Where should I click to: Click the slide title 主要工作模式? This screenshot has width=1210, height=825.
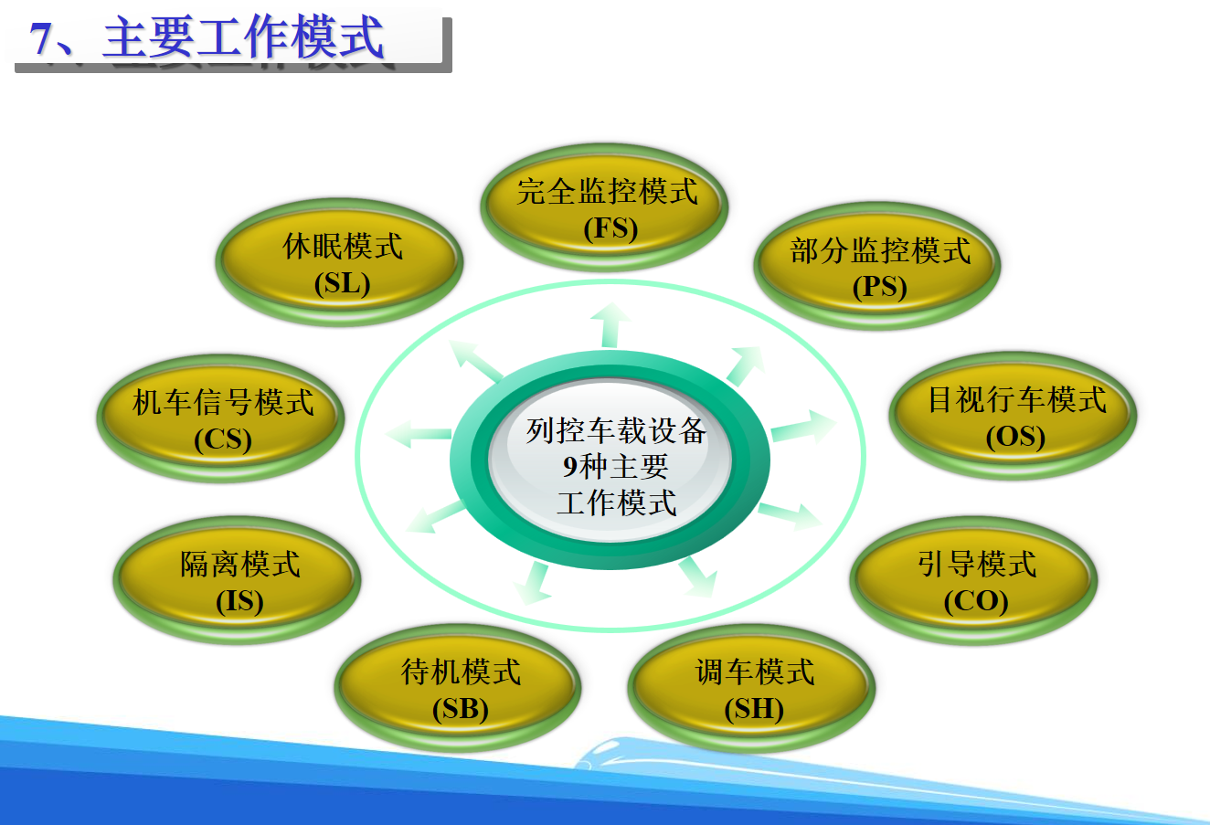(242, 39)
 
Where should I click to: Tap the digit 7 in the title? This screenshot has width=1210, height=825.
(41, 39)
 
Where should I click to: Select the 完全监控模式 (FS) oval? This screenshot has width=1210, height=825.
(604, 208)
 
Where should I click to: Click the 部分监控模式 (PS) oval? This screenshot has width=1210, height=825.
(877, 267)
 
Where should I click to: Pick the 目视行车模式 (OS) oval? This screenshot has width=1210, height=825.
(1014, 417)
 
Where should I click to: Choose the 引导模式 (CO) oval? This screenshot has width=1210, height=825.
(974, 581)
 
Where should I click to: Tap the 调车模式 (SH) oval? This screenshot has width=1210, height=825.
(752, 689)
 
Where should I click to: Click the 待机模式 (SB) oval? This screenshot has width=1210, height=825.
(459, 689)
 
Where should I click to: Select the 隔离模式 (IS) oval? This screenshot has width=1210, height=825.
(238, 581)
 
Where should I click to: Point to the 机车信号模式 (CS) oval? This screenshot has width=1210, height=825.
(221, 419)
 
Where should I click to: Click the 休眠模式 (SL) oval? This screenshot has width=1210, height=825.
(340, 263)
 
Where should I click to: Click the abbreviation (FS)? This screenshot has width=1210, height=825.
(610, 227)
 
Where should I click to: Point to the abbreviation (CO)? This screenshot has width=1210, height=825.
(975, 601)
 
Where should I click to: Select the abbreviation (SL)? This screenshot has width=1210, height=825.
(342, 283)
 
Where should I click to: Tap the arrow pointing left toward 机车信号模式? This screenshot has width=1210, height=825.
(419, 434)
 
